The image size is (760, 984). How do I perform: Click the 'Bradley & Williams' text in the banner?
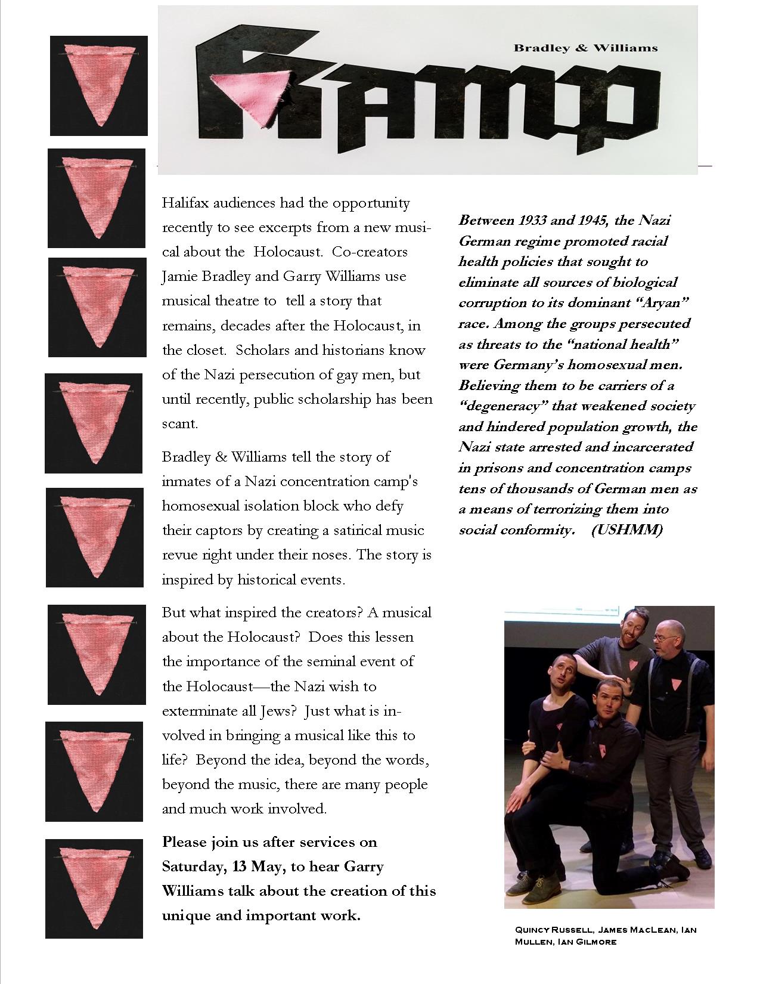585,48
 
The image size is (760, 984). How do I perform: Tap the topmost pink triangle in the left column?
98,83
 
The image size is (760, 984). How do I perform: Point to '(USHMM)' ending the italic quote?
626,530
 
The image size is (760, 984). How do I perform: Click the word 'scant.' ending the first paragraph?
179,424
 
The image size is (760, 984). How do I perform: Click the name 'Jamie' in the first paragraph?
181,277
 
